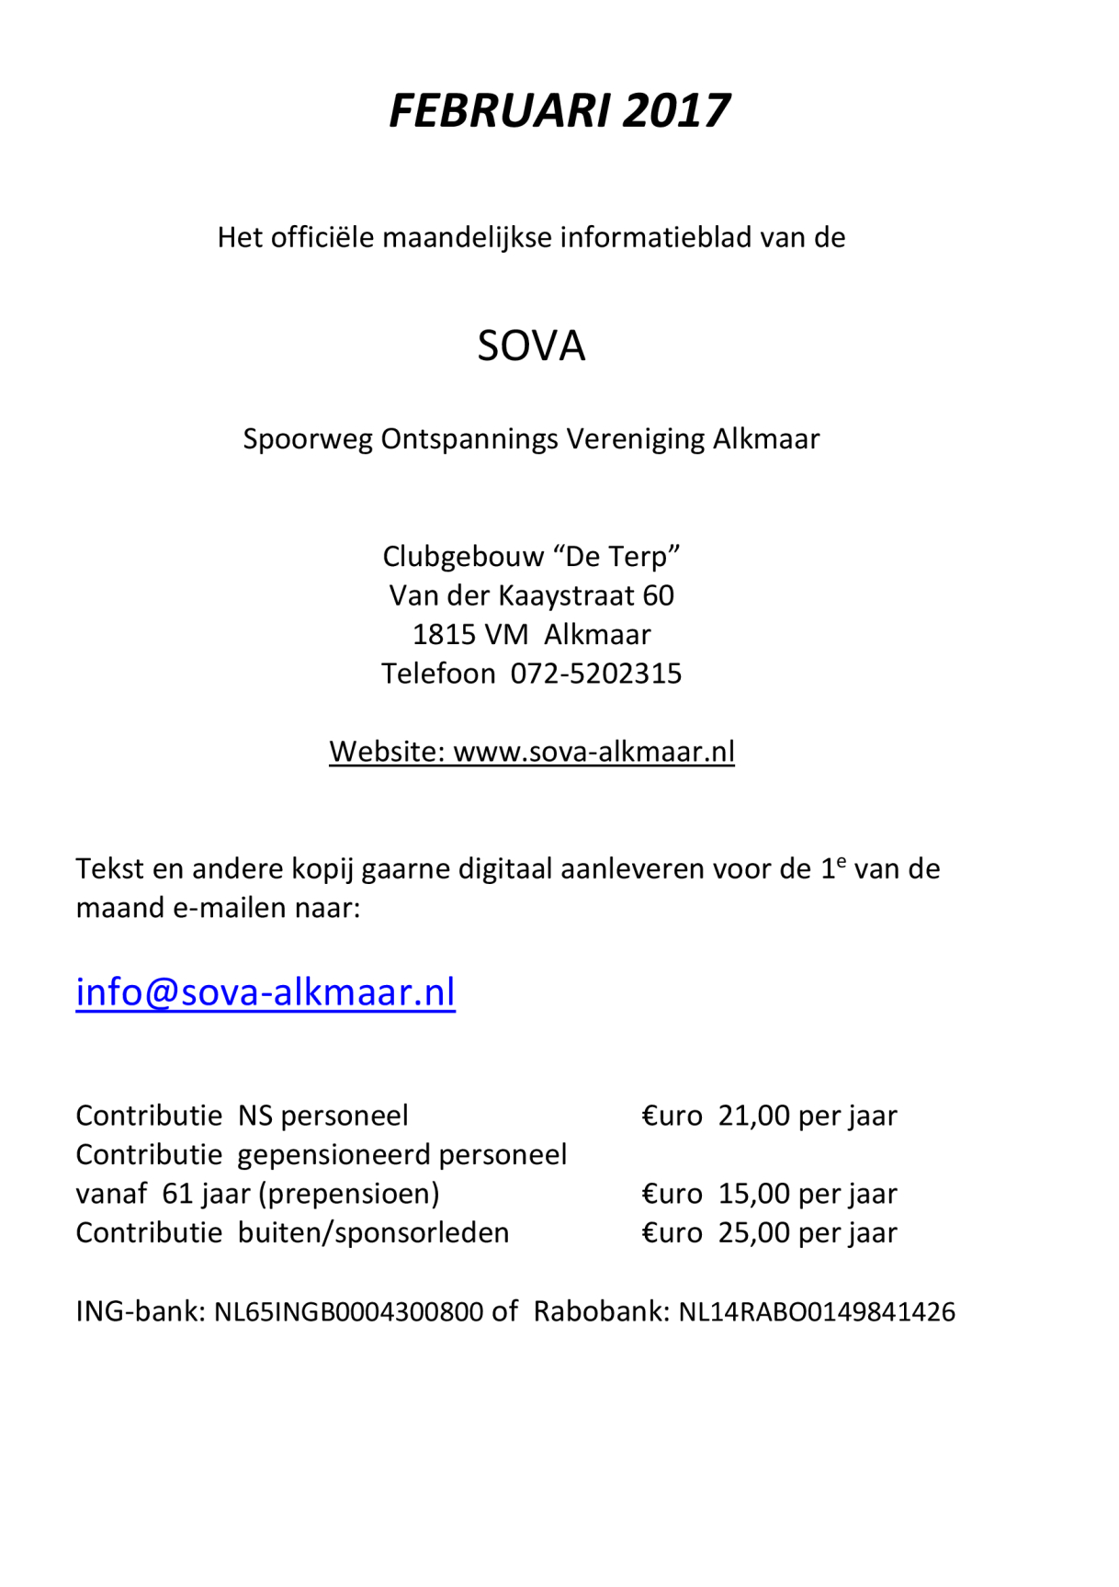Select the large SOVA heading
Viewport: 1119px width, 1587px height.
coord(531,346)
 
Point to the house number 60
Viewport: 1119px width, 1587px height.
coord(658,595)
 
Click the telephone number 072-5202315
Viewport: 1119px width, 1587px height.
coord(596,674)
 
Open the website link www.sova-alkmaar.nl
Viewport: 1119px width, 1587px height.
coord(593,752)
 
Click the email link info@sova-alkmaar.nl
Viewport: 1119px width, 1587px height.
coord(266,992)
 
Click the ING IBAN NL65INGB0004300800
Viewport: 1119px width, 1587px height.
coord(348,1311)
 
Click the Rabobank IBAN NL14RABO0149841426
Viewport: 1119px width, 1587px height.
coord(817,1311)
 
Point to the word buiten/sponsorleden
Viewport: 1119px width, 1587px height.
coord(373,1232)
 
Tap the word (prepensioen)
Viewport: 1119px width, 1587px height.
coord(349,1194)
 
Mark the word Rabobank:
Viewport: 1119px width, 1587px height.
coord(601,1311)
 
